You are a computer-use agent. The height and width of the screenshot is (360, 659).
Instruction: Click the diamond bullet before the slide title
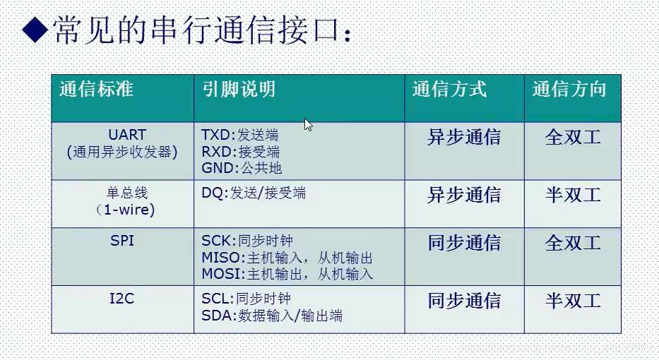tap(34, 30)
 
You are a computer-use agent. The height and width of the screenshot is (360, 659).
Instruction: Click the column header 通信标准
tap(96, 90)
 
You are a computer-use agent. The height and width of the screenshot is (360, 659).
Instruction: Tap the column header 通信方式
tap(449, 90)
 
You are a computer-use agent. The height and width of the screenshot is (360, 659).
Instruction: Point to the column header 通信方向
tap(569, 90)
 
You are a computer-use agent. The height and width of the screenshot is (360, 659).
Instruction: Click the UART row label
tap(127, 135)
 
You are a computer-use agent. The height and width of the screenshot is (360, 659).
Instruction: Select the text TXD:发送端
tap(239, 135)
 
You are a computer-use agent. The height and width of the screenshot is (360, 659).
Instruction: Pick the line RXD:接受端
tap(240, 152)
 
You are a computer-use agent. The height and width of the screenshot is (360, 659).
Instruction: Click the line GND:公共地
tap(242, 168)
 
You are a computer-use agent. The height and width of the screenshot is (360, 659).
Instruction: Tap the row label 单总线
tap(127, 193)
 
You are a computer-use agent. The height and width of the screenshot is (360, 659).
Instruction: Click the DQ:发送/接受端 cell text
tap(254, 193)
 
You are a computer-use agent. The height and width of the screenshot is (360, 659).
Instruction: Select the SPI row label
tap(123, 241)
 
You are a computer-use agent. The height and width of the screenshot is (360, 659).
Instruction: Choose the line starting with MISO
tap(287, 258)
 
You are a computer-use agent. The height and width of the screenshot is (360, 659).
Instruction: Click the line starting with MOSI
tap(287, 274)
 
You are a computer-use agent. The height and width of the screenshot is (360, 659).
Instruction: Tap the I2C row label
tap(121, 299)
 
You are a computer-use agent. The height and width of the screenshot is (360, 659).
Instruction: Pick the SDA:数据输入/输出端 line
tap(272, 316)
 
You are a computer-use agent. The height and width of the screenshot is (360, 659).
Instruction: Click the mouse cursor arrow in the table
tap(308, 125)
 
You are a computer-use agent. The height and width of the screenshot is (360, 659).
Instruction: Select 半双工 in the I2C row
tap(573, 301)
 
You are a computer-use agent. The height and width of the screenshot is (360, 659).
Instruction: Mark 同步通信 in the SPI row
tap(464, 244)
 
